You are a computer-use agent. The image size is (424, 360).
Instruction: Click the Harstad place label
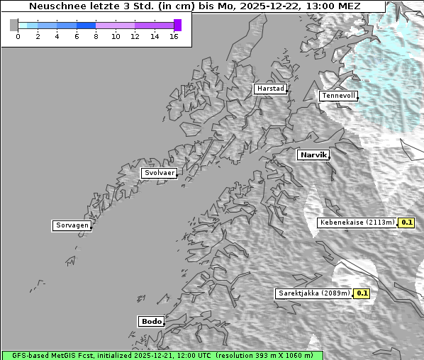tap(270, 89)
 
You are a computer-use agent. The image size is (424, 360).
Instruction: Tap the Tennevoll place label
tap(337, 96)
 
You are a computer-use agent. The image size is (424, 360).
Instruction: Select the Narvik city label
tap(313, 154)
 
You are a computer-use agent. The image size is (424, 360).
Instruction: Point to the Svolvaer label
tap(159, 173)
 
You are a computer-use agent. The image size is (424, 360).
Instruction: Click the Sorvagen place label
tap(72, 225)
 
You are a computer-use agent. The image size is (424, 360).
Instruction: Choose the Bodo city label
tap(151, 321)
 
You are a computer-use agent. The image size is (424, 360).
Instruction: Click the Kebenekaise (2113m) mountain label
tap(357, 223)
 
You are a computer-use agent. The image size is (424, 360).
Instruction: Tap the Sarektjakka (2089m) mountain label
tap(313, 293)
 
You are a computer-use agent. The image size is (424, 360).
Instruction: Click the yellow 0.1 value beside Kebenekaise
tap(406, 223)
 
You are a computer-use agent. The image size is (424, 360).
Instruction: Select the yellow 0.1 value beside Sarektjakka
tap(362, 293)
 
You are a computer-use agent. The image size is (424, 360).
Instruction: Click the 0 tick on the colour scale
tap(18, 36)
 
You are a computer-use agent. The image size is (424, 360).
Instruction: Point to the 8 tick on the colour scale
tap(96, 36)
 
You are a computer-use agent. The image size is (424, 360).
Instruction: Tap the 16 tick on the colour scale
tap(174, 36)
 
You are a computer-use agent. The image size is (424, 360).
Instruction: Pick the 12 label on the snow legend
tap(135, 36)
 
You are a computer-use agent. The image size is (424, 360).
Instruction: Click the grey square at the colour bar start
tap(14, 25)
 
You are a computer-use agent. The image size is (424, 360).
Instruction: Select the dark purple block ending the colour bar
tap(177, 25)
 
